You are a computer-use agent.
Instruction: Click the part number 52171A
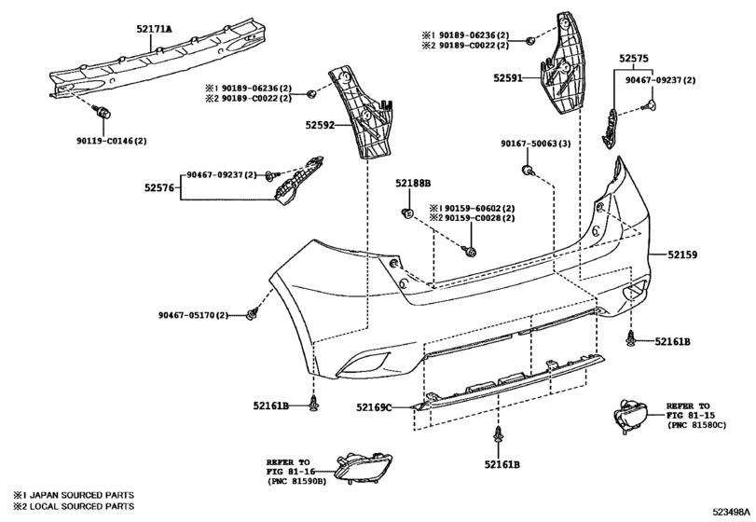pos(154,30)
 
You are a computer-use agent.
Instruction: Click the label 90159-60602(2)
pos(477,208)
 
